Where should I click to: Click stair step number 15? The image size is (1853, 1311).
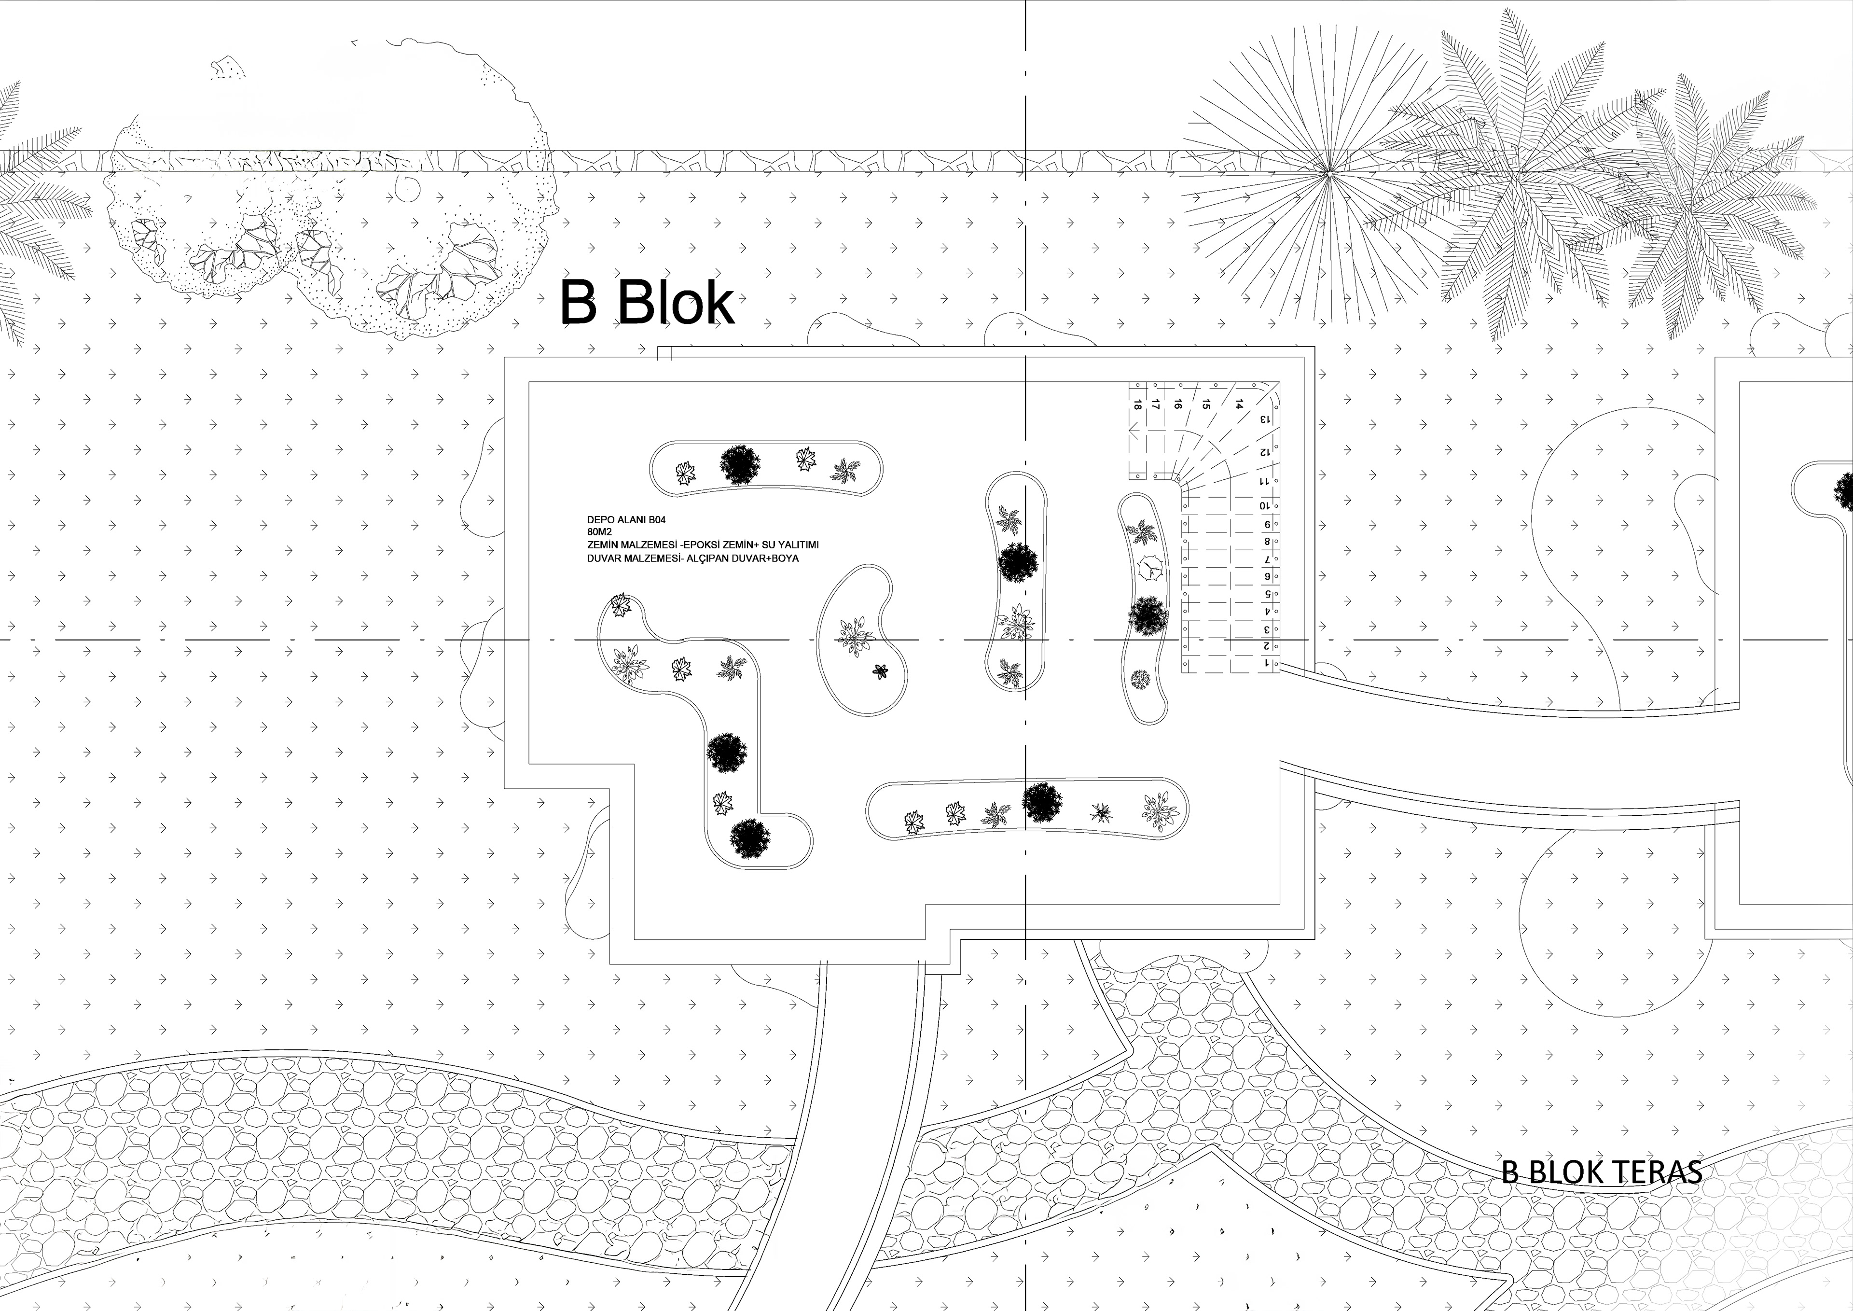(1206, 404)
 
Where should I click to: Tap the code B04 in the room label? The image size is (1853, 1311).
(655, 521)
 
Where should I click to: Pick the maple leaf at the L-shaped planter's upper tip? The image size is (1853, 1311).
(620, 605)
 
